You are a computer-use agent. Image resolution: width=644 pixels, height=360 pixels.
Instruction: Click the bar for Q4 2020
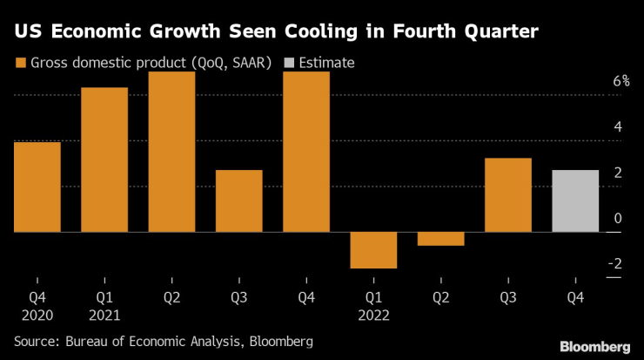click(x=37, y=187)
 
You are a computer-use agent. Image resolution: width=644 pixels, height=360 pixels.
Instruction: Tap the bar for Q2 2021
click(x=171, y=152)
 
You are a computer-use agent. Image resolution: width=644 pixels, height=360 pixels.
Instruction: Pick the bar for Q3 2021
click(x=238, y=200)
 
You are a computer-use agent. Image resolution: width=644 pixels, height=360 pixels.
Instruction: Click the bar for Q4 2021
click(x=306, y=152)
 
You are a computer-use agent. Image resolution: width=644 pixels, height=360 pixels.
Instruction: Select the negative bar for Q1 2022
click(x=373, y=250)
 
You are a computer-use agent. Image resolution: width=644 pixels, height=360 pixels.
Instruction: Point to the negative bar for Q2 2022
click(x=440, y=239)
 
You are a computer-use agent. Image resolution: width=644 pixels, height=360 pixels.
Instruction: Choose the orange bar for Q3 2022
click(x=508, y=194)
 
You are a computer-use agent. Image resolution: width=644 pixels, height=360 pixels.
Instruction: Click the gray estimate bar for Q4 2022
click(x=575, y=200)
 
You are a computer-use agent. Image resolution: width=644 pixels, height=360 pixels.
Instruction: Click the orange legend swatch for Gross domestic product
click(x=19, y=63)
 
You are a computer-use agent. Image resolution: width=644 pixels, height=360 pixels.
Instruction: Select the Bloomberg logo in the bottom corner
click(x=593, y=346)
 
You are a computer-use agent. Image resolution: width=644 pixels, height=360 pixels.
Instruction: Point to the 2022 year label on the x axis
click(x=373, y=315)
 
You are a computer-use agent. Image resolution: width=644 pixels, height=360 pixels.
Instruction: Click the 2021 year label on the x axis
click(x=104, y=315)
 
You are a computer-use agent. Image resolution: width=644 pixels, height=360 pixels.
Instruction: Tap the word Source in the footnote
click(x=36, y=342)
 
